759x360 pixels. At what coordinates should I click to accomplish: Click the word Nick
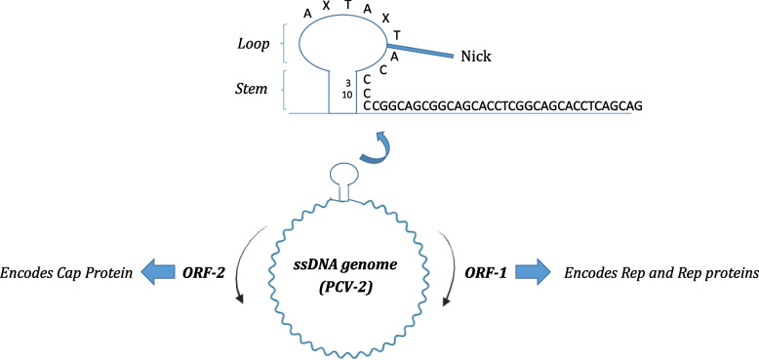[478, 58]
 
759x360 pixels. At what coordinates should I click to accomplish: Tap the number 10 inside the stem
[346, 95]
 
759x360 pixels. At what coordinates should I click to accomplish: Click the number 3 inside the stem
[346, 82]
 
